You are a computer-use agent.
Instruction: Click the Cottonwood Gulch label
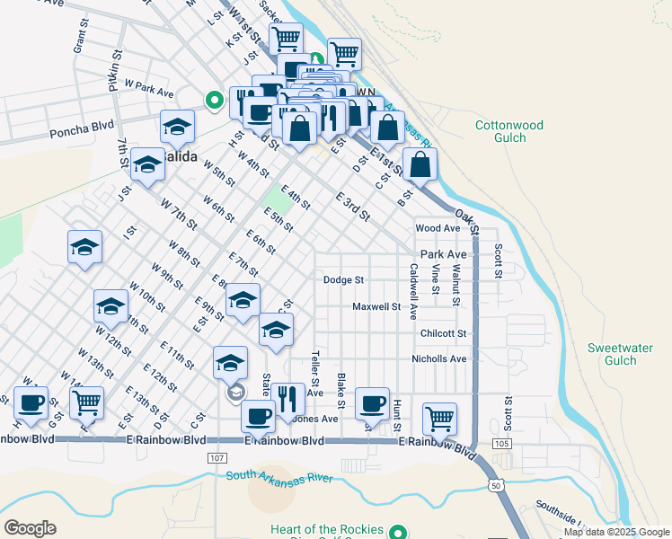coord(509,132)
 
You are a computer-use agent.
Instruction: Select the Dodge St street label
coord(344,280)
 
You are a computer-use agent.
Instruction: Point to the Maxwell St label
coord(376,307)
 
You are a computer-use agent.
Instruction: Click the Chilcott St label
coord(444,333)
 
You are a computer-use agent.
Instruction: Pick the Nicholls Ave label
coord(439,359)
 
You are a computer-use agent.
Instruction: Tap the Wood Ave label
coord(438,229)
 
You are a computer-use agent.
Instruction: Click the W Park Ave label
coord(149,89)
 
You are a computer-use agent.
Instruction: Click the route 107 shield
coord(216,458)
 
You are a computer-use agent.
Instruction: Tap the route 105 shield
coord(501,445)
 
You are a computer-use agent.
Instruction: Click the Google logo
coord(30,528)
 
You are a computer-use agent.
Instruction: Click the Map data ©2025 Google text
coord(616,532)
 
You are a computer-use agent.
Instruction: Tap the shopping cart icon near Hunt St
coord(439,416)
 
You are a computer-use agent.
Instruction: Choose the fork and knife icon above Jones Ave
coord(288,396)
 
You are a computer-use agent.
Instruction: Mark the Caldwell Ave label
coord(413,291)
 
